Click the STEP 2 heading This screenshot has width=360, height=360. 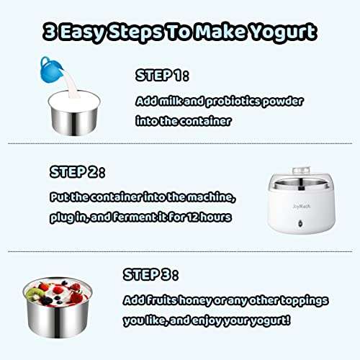(x=77, y=173)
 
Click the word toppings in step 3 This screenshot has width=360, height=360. (x=300, y=299)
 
